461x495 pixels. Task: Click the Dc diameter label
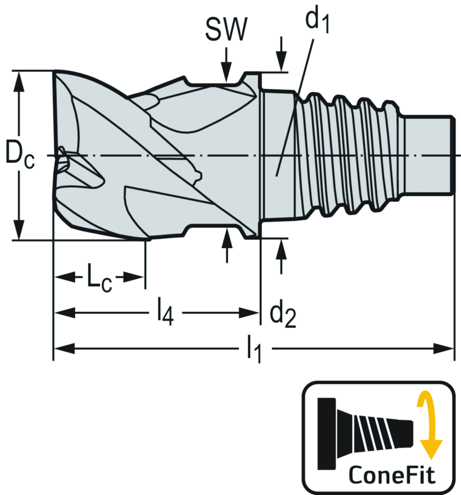click(19, 155)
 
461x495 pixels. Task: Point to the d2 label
click(282, 315)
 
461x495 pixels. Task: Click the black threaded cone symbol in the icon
click(365, 432)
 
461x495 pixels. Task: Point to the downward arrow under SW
click(226, 74)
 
